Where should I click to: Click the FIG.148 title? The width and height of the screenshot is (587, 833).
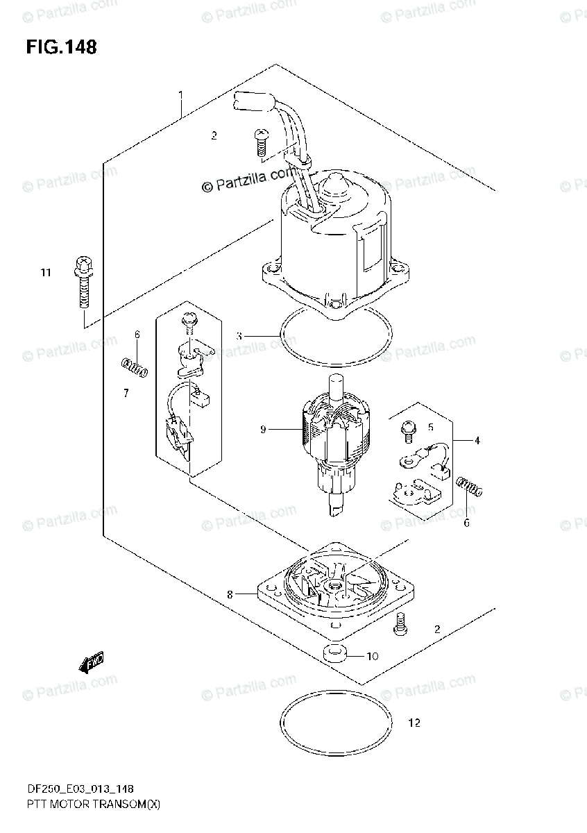pyautogui.click(x=61, y=47)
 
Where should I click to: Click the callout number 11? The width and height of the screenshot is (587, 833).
pyautogui.click(x=46, y=273)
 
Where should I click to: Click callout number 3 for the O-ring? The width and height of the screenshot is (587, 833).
pyautogui.click(x=239, y=336)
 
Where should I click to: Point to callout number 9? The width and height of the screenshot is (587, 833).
pyautogui.click(x=263, y=430)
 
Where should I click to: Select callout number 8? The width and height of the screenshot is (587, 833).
pyautogui.click(x=230, y=594)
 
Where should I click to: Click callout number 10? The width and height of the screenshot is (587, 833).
pyautogui.click(x=373, y=656)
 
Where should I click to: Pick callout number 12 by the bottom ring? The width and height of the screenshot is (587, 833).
pyautogui.click(x=414, y=723)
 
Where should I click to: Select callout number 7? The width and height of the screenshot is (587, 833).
pyautogui.click(x=126, y=394)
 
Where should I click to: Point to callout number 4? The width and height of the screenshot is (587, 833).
pyautogui.click(x=477, y=440)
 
